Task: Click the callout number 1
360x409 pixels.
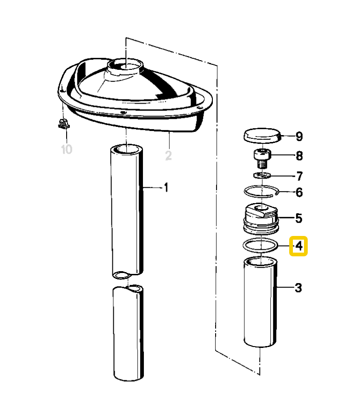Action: [x=165, y=188]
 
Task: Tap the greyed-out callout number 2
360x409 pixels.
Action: [x=168, y=156]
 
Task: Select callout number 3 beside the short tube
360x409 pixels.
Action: [x=298, y=288]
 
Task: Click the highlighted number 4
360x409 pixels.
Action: [x=298, y=246]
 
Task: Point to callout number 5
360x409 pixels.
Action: [x=298, y=217]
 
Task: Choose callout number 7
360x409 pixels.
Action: [x=298, y=176]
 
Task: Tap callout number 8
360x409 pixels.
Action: [x=298, y=156]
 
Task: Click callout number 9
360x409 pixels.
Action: [x=298, y=136]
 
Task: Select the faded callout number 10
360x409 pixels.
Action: [x=67, y=150]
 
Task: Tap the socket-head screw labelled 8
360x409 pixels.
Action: [x=262, y=159]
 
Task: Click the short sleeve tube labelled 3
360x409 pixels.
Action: [x=261, y=303]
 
